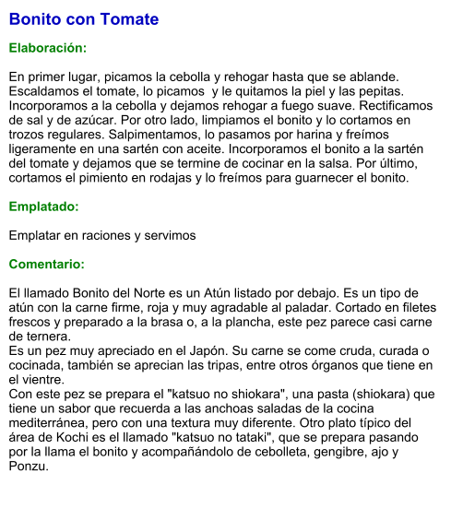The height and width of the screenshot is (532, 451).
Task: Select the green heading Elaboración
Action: (47, 47)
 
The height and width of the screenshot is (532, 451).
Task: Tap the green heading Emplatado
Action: (43, 207)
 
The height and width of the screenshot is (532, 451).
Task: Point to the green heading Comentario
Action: (46, 264)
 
